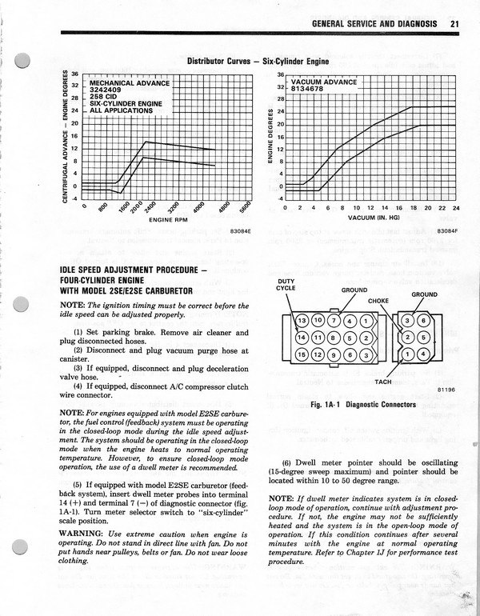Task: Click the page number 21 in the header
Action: coord(454,24)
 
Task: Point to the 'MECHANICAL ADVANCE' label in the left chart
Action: coord(129,82)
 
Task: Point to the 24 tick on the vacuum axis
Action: coord(456,207)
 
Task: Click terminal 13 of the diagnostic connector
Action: coord(302,321)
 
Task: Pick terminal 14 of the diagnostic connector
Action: coord(302,338)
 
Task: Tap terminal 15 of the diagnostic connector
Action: coord(302,354)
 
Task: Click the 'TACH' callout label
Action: coord(383,382)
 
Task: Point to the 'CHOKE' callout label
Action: coord(378,301)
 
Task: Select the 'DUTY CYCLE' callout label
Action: coord(286,285)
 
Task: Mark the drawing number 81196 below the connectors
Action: coord(446,390)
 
